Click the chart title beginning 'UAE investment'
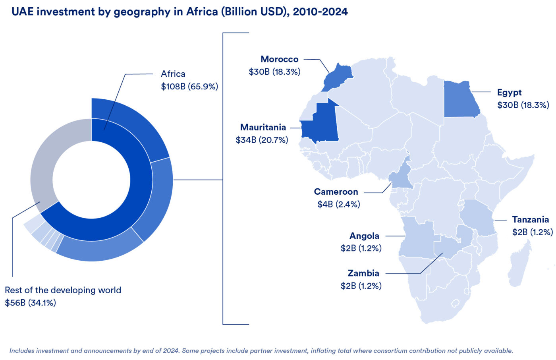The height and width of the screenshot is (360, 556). (x=180, y=12)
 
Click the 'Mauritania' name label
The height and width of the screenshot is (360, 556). (x=263, y=128)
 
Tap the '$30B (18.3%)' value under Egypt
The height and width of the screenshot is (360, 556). (x=523, y=105)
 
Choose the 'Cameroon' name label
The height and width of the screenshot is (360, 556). (x=336, y=192)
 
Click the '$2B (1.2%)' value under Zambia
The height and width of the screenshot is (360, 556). (x=361, y=286)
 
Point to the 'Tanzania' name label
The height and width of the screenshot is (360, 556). (x=530, y=220)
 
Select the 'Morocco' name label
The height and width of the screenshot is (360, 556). (x=279, y=59)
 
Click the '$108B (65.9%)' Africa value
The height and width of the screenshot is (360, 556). (x=189, y=86)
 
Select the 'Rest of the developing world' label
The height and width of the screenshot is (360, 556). (x=63, y=290)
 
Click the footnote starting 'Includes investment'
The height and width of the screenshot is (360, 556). (x=261, y=350)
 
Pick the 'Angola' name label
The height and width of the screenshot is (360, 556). (x=364, y=236)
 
